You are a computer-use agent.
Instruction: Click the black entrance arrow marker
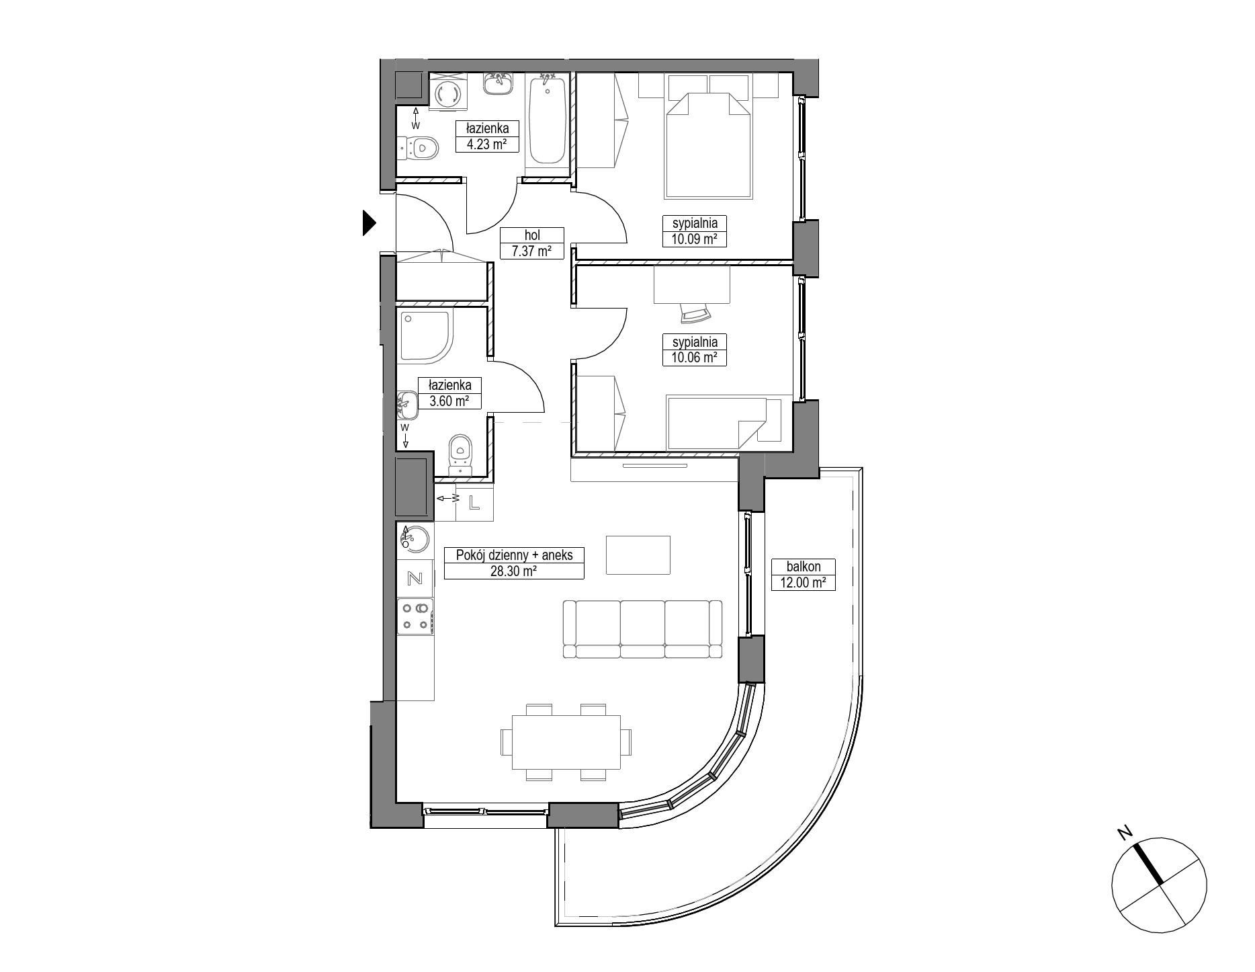pos(369,223)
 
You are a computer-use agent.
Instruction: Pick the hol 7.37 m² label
pos(532,243)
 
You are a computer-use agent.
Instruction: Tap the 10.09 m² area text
pos(695,239)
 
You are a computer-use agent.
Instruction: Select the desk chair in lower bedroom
pos(696,313)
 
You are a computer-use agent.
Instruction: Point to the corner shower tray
pos(425,336)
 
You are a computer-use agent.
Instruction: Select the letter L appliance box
pos(474,502)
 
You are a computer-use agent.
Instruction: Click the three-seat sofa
pos(642,629)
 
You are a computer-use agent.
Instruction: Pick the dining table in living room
pos(566,742)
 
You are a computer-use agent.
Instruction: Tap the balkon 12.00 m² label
pos(803,575)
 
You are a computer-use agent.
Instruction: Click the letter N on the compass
pos(1123,832)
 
